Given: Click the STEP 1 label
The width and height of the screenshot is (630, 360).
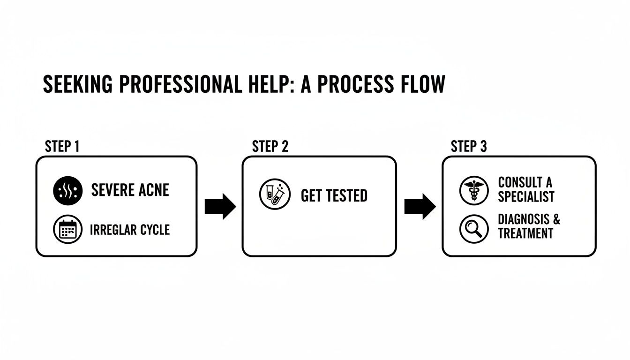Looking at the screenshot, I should coord(62,146).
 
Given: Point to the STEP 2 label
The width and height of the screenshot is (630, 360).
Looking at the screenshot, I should coord(270,146).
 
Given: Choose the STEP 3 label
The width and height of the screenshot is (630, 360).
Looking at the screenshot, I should coord(469,146).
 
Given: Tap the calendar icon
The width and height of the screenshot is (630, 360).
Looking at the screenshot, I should coord(68,230).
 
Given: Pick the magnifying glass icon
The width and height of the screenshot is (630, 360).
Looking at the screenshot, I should coord(474,229).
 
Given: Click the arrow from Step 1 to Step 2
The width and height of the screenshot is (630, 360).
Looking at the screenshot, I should coord(220,206).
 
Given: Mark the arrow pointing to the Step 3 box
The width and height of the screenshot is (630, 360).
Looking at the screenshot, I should coord(420,206).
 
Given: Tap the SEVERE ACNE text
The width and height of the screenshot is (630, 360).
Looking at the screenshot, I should coord(130,190).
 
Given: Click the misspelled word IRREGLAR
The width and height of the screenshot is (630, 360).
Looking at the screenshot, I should coord(111,230).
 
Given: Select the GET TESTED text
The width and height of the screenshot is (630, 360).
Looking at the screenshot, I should coord(334,195).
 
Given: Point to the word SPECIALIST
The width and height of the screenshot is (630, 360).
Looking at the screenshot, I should coord(526,196).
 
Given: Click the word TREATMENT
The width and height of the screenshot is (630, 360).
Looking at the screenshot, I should coord(525,233).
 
